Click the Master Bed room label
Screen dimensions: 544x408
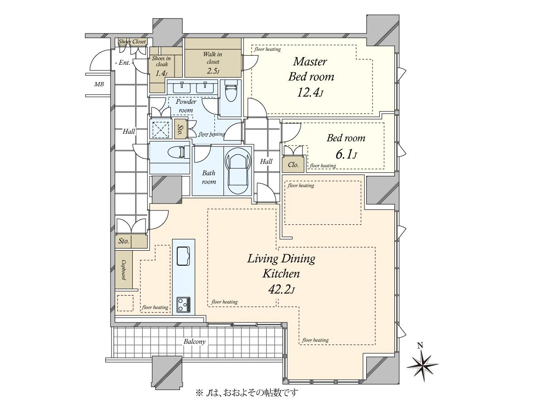(x=311, y=69)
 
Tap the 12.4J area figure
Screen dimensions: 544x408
(x=310, y=92)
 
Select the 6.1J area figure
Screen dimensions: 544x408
(x=346, y=155)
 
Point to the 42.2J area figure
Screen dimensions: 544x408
(x=282, y=290)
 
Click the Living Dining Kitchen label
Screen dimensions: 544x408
(x=282, y=266)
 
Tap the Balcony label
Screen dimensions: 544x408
(x=194, y=342)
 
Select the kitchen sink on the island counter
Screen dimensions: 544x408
(x=184, y=256)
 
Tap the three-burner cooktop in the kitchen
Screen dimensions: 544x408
(x=184, y=305)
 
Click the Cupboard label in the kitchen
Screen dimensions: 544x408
(x=123, y=270)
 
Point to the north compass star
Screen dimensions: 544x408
(x=423, y=365)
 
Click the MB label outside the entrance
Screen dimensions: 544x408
(x=99, y=84)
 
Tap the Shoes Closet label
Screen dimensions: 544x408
(x=132, y=41)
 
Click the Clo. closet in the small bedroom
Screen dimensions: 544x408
(x=293, y=165)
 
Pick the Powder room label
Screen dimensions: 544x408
(x=186, y=106)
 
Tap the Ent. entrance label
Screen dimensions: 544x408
(x=124, y=63)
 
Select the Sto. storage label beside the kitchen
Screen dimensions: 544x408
(x=123, y=241)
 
